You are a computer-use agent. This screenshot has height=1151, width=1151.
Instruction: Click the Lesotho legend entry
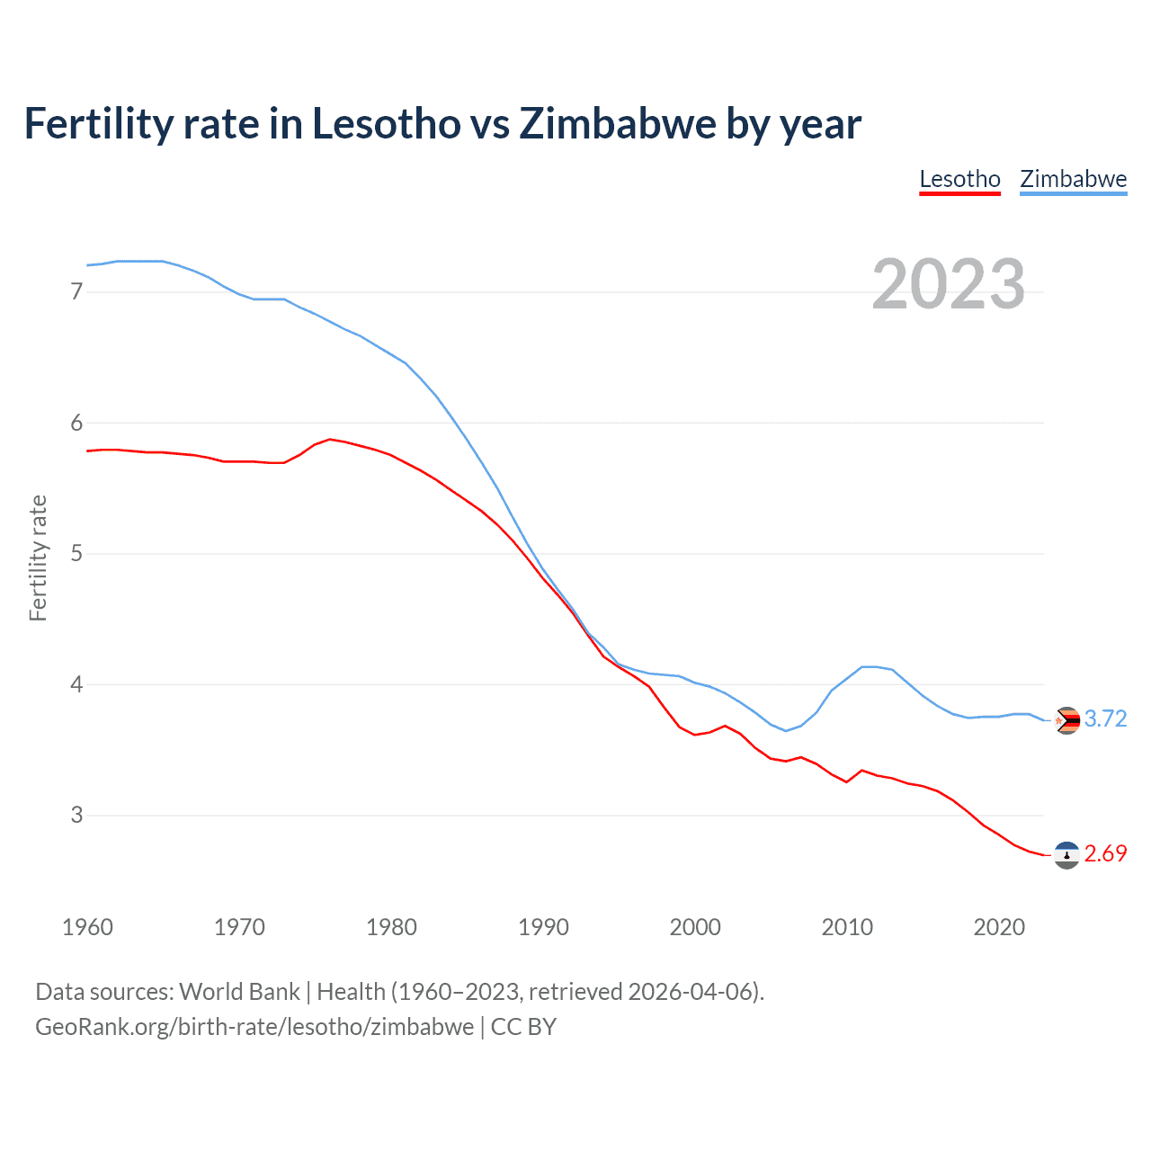pos(959,179)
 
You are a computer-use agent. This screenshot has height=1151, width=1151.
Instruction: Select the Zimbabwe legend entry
pos(1073,179)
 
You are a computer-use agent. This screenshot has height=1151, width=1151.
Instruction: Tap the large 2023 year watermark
pos(948,284)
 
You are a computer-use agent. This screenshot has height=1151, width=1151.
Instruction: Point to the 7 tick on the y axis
pos(76,291)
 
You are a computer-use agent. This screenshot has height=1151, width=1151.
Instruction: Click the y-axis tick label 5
pos(76,553)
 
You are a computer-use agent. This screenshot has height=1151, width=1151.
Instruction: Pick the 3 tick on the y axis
pos(76,815)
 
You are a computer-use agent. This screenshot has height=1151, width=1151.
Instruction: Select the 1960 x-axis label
pos(87,927)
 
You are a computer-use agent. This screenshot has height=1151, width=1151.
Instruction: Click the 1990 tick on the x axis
pos(543,927)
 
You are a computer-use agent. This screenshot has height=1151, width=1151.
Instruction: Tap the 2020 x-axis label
pos(999,927)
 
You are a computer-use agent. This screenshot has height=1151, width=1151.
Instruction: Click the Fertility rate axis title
pos(38,558)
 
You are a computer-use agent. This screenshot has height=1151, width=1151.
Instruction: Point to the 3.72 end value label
pos(1105,718)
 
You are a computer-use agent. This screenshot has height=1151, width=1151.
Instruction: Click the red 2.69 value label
pos(1105,853)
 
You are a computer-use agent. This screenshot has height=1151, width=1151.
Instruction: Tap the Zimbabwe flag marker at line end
pos(1066,720)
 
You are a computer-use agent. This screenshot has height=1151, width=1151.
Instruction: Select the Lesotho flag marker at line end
pos(1066,855)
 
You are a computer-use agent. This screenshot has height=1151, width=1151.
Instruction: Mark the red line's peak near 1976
pos(330,439)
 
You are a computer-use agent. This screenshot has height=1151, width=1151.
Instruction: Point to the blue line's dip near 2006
pos(785,730)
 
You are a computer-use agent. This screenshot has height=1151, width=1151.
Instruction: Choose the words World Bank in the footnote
pos(239,992)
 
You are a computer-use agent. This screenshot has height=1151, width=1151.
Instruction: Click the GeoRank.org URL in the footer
pos(254,1027)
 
